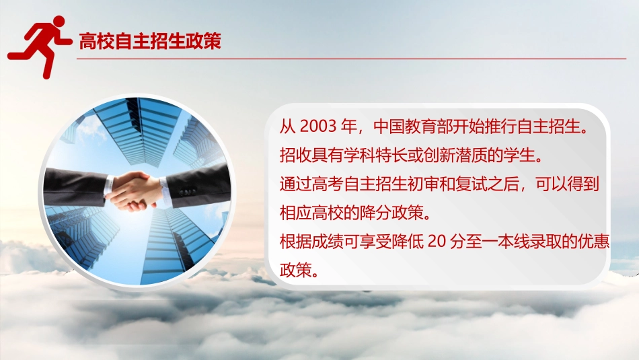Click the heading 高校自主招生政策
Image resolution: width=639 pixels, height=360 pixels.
[x=150, y=42]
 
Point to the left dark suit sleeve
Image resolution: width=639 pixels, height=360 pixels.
[x=74, y=187]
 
